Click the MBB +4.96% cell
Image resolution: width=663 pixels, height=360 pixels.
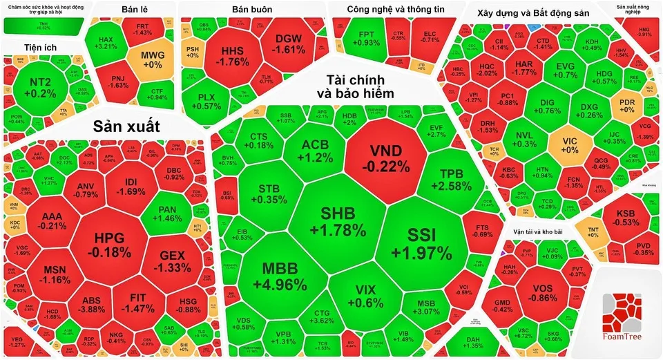pos(284,275)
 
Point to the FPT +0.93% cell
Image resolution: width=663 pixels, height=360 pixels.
pos(365,37)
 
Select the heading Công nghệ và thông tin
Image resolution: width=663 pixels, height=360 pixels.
pos(392,10)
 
